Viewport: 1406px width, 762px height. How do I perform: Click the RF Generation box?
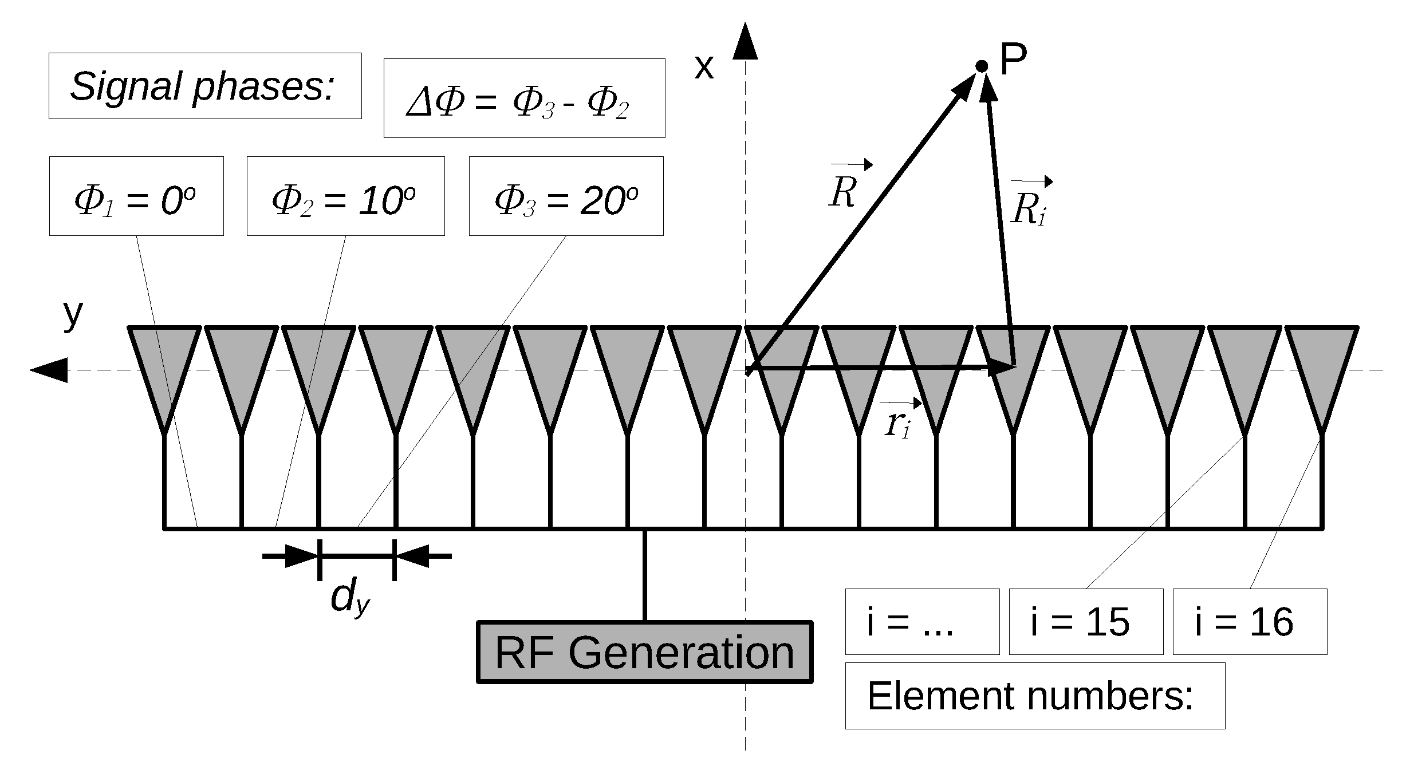(644, 652)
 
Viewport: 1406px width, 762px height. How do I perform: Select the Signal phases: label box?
(205, 86)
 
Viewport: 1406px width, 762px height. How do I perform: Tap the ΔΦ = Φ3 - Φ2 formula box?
(524, 98)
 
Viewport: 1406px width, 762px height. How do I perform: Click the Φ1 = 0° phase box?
(136, 196)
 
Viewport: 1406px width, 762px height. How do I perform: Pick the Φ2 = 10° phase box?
(345, 196)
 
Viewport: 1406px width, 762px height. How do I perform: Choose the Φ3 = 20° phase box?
(566, 196)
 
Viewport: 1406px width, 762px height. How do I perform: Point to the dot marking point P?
(982, 66)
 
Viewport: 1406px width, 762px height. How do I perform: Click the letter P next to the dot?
(1013, 60)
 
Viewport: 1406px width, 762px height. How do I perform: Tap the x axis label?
(704, 67)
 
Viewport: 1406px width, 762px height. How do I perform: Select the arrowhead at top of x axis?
(745, 43)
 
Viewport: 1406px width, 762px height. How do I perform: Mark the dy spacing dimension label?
(350, 598)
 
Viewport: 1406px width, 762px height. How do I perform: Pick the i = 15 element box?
(1086, 622)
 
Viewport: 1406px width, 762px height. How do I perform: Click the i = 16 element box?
(1250, 622)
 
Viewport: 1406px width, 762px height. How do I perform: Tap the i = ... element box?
(922, 622)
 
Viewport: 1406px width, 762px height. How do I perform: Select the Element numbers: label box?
(1034, 696)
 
